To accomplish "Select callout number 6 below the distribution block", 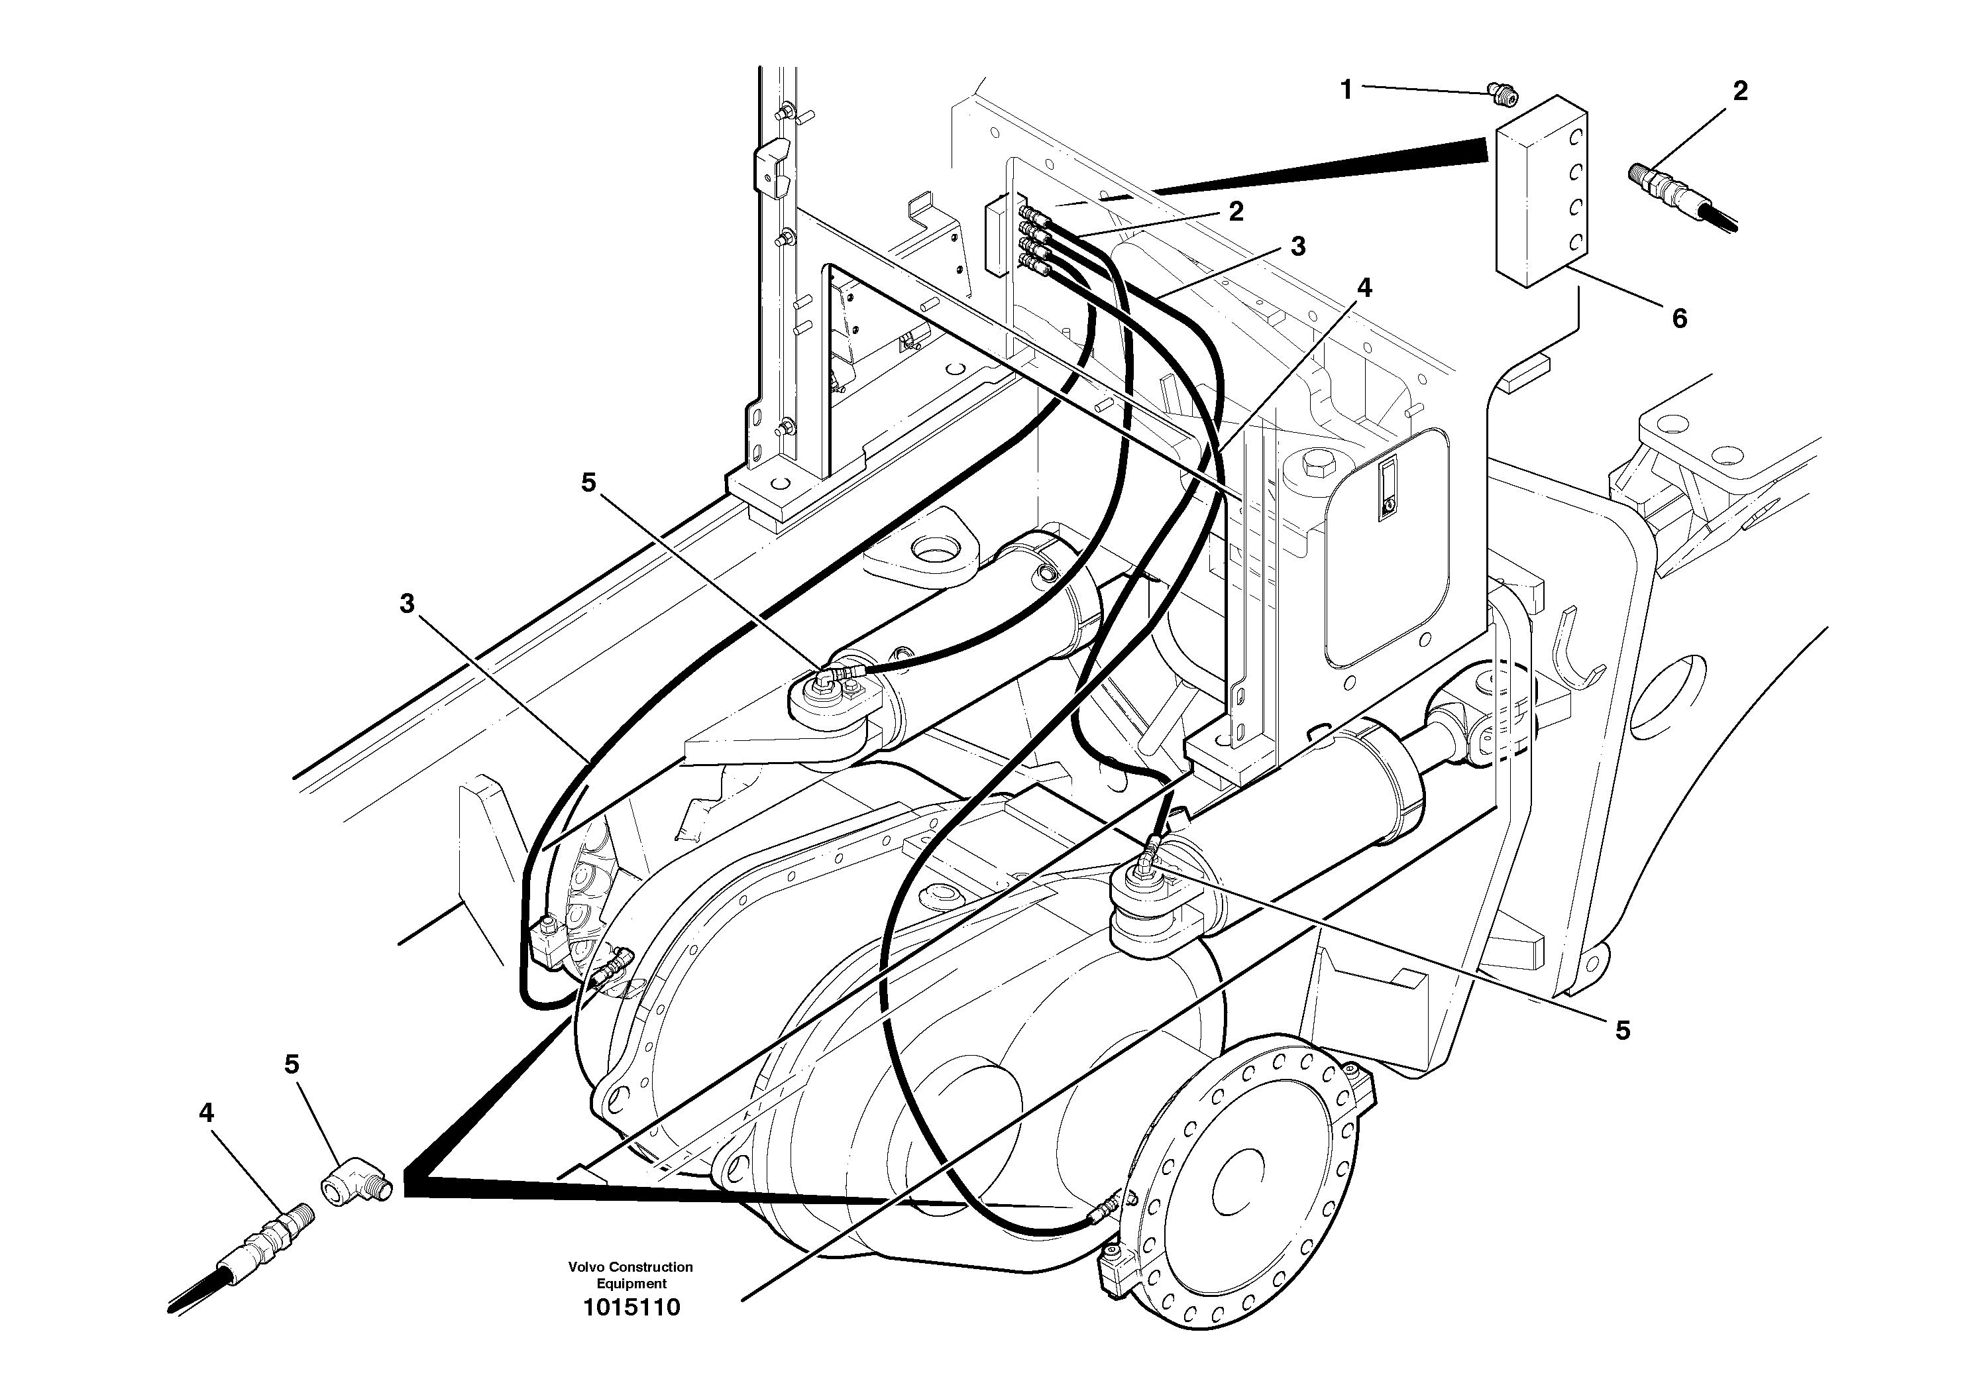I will coord(1679,319).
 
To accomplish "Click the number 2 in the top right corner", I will coord(1740,91).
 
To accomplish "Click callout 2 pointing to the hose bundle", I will coord(1236,211).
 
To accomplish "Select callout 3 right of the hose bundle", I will coord(1298,247).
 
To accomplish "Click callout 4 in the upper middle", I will coord(1364,288).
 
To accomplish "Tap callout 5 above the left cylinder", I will coord(588,482).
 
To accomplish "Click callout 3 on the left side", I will coord(407,604).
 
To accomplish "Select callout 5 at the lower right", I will coord(1622,1031).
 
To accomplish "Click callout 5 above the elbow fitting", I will coord(292,1065).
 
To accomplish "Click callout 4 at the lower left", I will coord(206,1113).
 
